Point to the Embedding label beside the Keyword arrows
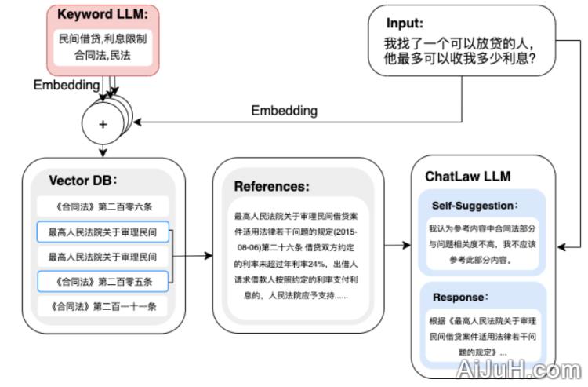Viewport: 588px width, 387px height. pyautogui.click(x=66, y=84)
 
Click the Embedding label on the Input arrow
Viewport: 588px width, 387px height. pyautogui.click(x=284, y=111)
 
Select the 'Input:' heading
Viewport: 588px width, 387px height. pyautogui.click(x=405, y=24)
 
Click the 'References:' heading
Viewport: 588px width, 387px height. pyautogui.click(x=271, y=187)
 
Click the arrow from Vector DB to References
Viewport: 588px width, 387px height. pyautogui.click(x=194, y=256)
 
